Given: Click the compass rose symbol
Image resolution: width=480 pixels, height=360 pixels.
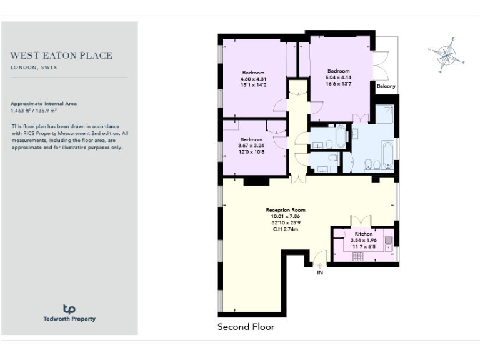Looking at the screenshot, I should coord(446,55).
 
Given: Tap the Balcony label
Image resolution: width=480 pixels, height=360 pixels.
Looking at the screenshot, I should coord(386,86).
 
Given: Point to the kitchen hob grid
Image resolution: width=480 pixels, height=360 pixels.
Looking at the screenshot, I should coord(358,256).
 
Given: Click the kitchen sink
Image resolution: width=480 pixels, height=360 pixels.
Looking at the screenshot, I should coord(388,241).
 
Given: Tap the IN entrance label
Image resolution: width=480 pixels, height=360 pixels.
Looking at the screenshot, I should coord(320,272).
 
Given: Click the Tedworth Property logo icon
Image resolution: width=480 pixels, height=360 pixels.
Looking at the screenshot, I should coord(69,309).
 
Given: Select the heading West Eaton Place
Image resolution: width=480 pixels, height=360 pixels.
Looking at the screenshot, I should coord(61,56).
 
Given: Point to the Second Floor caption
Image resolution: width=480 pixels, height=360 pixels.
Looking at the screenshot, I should coord(246,327).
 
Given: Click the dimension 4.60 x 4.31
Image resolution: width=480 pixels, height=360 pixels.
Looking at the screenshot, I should coord(253,79).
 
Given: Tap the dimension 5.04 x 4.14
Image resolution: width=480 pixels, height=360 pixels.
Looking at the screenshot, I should coord(338,77).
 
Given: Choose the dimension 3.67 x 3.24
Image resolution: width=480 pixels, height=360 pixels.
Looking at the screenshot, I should coord(251,146).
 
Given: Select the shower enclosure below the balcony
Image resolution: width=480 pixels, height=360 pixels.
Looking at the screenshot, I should coord(384,114).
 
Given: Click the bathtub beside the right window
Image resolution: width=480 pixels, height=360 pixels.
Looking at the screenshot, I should coord(387,154).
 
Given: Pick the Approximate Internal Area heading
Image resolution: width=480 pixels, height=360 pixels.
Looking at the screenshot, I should coord(44,103).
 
